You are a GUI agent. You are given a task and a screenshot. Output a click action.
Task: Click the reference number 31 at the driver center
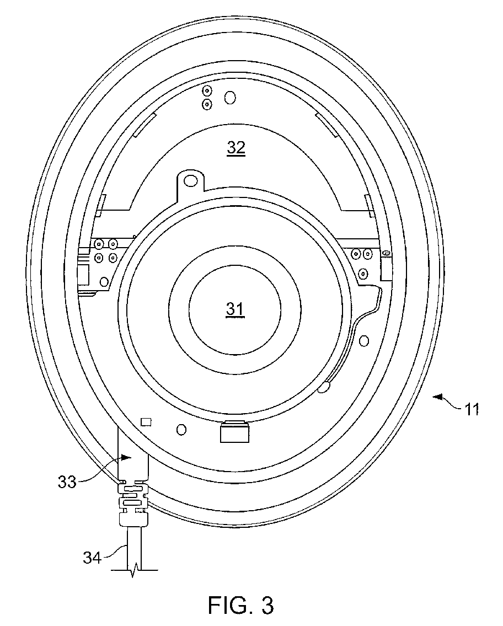pos(235,310)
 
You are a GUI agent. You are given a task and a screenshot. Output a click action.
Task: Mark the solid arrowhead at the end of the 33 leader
pos(127,457)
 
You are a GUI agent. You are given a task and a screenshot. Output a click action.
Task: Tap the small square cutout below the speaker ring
pos(146,422)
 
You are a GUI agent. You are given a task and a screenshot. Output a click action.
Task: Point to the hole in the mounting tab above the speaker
pos(191,180)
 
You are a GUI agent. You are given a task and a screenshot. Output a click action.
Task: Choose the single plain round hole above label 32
pos(230,98)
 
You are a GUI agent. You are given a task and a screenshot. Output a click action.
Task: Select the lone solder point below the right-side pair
pos(363,274)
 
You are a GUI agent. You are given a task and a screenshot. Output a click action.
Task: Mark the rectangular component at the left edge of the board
pos(84,273)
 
